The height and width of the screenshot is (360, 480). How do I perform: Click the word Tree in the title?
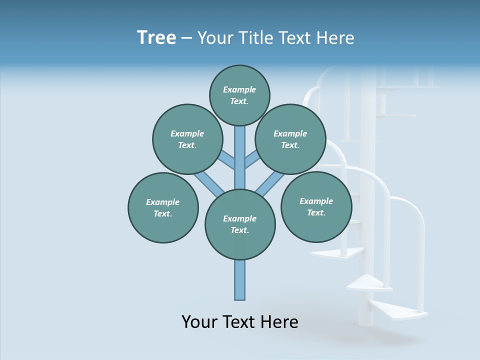coord(156,38)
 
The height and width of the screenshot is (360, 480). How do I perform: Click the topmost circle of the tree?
coord(239,95)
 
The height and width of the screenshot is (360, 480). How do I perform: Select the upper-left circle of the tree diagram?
coord(187,139)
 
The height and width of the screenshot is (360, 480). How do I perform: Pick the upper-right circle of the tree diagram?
coord(290,139)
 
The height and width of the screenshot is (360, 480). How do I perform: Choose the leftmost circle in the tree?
coord(163,207)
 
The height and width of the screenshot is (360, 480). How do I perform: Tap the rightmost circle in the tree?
coord(316,206)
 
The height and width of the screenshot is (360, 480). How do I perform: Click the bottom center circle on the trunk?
coord(240,224)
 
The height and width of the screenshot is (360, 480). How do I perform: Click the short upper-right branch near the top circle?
coord(252,159)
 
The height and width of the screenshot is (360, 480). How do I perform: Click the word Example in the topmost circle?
coord(239,89)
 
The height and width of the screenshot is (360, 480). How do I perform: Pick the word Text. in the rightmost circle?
coord(316,212)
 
